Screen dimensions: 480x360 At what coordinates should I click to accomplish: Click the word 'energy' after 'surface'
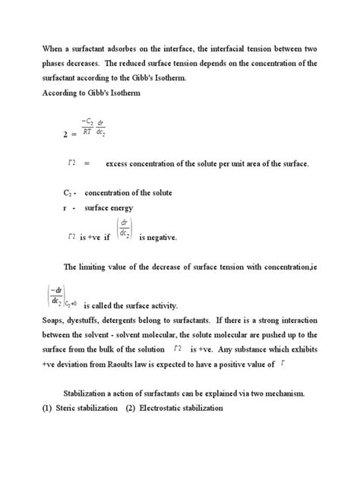pos(121,207)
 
